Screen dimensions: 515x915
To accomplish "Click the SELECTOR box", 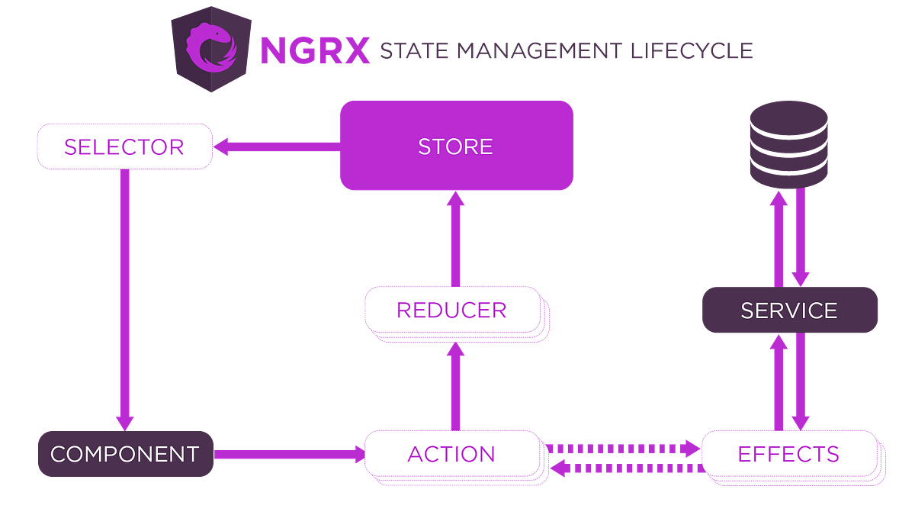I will click(124, 146).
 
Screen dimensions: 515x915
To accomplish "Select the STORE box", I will click(456, 146).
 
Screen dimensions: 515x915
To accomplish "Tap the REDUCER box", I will click(451, 311).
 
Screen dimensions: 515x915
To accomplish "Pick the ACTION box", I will click(451, 454).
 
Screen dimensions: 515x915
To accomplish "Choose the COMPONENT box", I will click(124, 454).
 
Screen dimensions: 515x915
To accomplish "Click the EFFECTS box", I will click(788, 454).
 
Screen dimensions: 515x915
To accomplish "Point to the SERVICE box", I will click(789, 311).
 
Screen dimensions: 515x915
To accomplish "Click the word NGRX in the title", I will click(314, 50).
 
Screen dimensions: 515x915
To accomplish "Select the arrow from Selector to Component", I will click(124, 298).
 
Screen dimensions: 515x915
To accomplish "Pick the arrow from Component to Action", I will click(290, 454).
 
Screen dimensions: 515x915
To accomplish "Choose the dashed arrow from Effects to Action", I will click(625, 467).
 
